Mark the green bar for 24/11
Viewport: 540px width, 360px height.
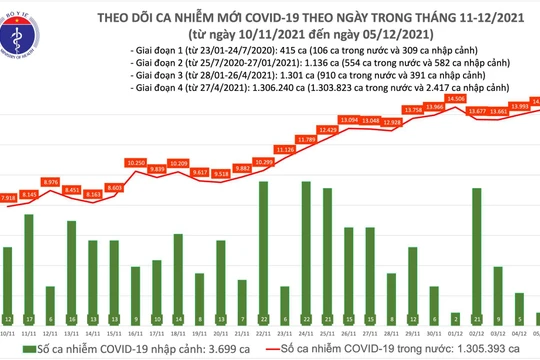[305, 249]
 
